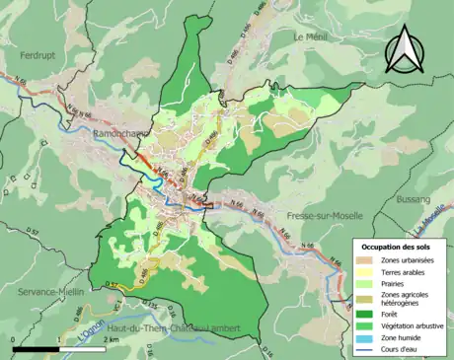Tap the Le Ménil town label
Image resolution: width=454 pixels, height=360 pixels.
coord(310,36)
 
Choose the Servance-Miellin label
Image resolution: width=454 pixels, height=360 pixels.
coord(49,293)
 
